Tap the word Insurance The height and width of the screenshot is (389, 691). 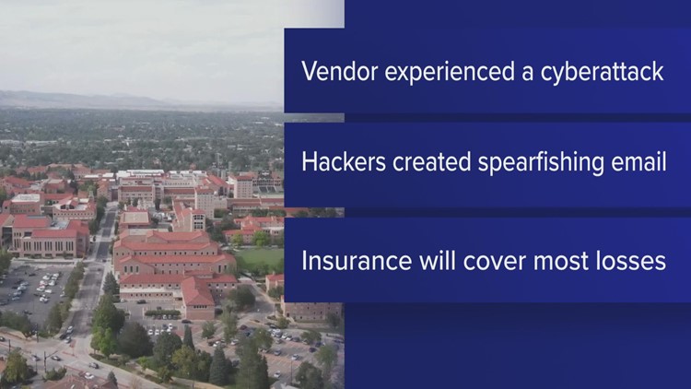pos(346,260)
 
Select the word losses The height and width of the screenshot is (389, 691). pos(633,260)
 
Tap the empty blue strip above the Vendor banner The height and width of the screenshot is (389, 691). pos(516,13)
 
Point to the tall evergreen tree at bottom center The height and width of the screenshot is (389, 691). pos(221,364)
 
